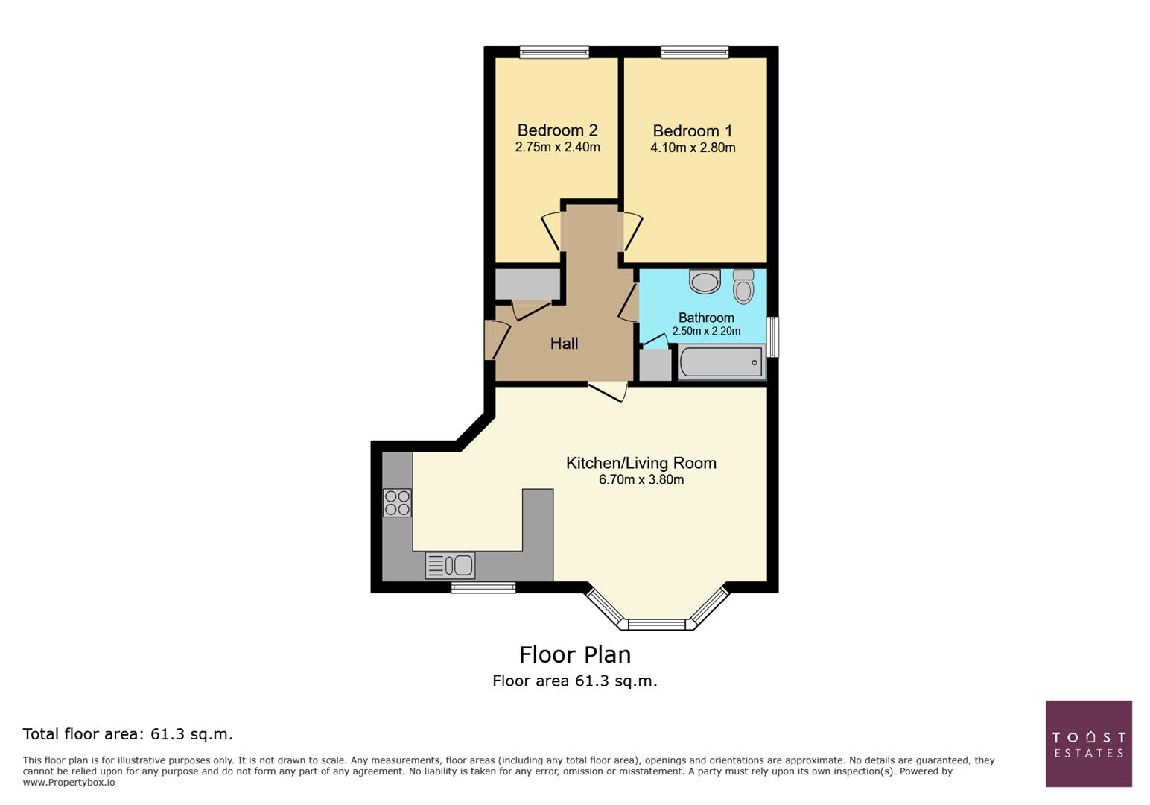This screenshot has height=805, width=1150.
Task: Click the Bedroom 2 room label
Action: point(557,130)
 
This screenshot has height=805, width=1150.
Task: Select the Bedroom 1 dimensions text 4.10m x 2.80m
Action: point(693,148)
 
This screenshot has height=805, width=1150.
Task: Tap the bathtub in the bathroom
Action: point(721,363)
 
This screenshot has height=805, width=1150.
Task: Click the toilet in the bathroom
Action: point(743,286)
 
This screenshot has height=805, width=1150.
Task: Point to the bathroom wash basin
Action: point(705,282)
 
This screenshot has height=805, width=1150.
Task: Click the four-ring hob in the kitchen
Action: point(397,502)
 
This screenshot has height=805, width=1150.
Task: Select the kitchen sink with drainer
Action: point(450,566)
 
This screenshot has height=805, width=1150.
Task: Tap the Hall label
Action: point(564,344)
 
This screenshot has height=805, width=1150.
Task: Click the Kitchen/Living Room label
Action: point(641,463)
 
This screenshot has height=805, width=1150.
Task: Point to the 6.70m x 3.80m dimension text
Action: point(641,480)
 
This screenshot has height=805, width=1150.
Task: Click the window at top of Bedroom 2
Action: point(554,52)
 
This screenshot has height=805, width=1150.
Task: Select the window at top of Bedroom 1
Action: point(694,52)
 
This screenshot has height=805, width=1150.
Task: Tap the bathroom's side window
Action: point(773,337)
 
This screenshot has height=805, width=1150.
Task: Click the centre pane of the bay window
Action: point(657,625)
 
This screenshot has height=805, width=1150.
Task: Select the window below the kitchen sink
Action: point(483,588)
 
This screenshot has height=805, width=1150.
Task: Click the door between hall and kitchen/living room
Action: point(607,391)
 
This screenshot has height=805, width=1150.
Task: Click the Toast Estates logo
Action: point(1088,743)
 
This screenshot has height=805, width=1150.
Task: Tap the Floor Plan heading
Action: point(574,654)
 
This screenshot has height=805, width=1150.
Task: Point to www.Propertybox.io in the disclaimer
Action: point(69,783)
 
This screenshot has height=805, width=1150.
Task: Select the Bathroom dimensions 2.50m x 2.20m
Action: point(706,332)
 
